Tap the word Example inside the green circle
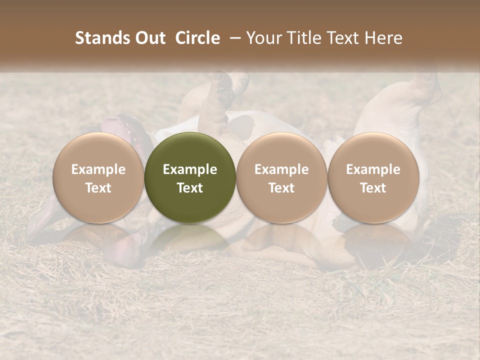pyautogui.click(x=190, y=169)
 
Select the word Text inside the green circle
pyautogui.click(x=190, y=188)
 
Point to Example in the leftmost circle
pyautogui.click(x=98, y=169)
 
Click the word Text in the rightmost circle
pyautogui.click(x=373, y=188)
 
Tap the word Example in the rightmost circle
pyautogui.click(x=373, y=169)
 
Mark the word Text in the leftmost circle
pyautogui.click(x=98, y=188)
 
